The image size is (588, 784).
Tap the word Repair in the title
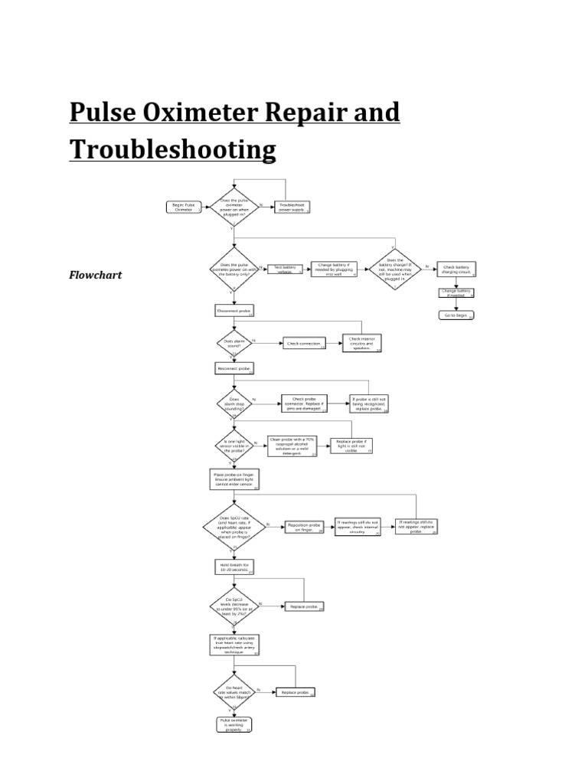pos(283,112)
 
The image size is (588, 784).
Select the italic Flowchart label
pos(96,274)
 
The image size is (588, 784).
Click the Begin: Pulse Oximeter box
pos(185,207)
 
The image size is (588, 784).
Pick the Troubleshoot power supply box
pos(292,207)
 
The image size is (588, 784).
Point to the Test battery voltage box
pos(284,269)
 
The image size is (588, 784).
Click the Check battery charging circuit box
pos(457,269)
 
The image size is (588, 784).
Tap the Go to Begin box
pos(456,315)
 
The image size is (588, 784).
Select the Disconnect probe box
pos(234,310)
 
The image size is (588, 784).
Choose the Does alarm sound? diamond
pos(234,344)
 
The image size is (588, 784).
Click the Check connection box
pos(304,344)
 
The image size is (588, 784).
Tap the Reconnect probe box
pos(234,368)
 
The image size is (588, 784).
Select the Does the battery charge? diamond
pos(395,269)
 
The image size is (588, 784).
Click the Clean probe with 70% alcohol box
pos(294,446)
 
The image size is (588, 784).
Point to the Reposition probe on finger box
pos(305,527)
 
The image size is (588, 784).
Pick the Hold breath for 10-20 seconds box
pos(234,567)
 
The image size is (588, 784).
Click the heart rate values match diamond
pos(234,691)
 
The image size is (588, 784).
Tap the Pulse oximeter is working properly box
pos(234,725)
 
